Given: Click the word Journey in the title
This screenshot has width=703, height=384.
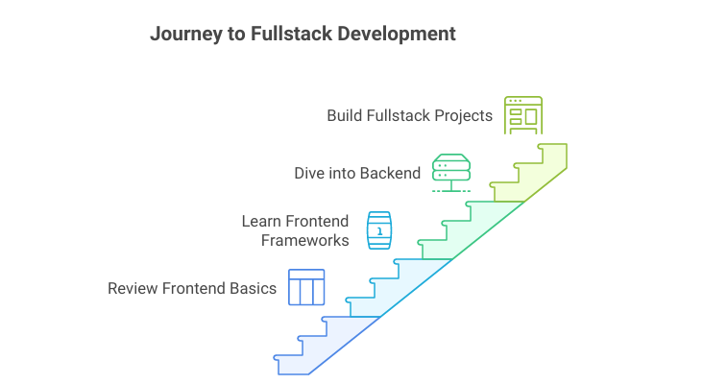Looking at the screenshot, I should pyautogui.click(x=182, y=34).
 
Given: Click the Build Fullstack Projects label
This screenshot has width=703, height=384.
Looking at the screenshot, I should pyautogui.click(x=409, y=116).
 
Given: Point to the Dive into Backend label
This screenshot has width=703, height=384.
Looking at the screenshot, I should pyautogui.click(x=357, y=174).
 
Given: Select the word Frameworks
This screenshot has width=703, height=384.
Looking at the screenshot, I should pyautogui.click(x=304, y=240).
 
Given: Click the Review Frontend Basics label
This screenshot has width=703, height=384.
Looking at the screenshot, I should pyautogui.click(x=192, y=288).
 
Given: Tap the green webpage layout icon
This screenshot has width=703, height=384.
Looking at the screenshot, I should pyautogui.click(x=523, y=115).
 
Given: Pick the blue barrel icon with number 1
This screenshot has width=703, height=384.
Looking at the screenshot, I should pyautogui.click(x=379, y=230).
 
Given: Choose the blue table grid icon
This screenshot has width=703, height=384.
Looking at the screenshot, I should pyautogui.click(x=306, y=287).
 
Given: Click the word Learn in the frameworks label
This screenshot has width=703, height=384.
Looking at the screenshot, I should pyautogui.click(x=261, y=222).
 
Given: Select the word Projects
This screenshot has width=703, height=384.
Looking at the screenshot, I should pyautogui.click(x=462, y=116).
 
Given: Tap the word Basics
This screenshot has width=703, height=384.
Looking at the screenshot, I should pyautogui.click(x=255, y=288).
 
